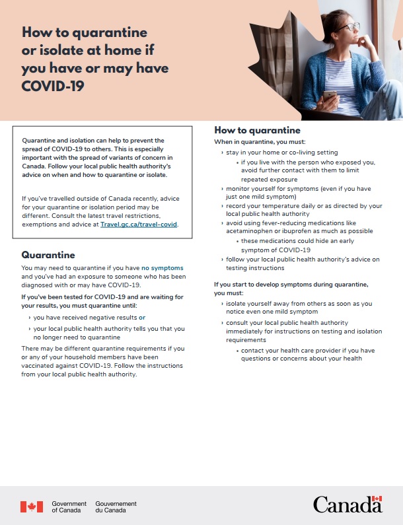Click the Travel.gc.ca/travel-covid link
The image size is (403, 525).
coord(139,225)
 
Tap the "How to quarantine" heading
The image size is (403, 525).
coord(257,131)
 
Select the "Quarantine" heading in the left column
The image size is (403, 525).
coord(48,254)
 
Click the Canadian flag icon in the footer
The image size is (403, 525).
coord(31,507)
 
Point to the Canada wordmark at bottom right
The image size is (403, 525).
coord(348,505)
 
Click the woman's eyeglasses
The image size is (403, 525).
coord(350,27)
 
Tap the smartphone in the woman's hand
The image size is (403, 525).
coord(329,96)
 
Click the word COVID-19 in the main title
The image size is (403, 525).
coord(53,86)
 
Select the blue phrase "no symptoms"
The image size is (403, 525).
coord(163,267)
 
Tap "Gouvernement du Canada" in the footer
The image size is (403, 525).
coord(116,507)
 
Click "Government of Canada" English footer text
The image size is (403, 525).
coord(69,507)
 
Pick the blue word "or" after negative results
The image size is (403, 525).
coord(141,318)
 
